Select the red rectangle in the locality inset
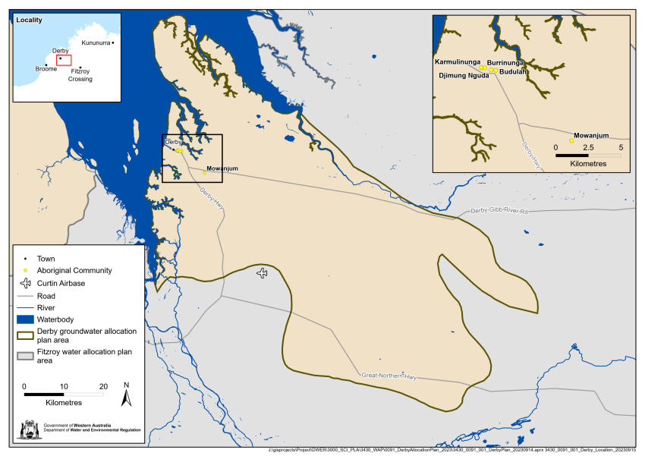[64, 60]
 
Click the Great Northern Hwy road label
[389, 376]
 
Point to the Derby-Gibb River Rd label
[499, 211]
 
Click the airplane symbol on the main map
[263, 273]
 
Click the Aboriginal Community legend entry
[74, 271]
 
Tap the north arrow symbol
[127, 394]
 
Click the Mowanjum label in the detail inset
[592, 135]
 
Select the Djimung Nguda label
[464, 76]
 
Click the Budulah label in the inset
[514, 73]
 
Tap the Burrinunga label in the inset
[505, 63]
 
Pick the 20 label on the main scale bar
[103, 385]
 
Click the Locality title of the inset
[29, 20]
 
